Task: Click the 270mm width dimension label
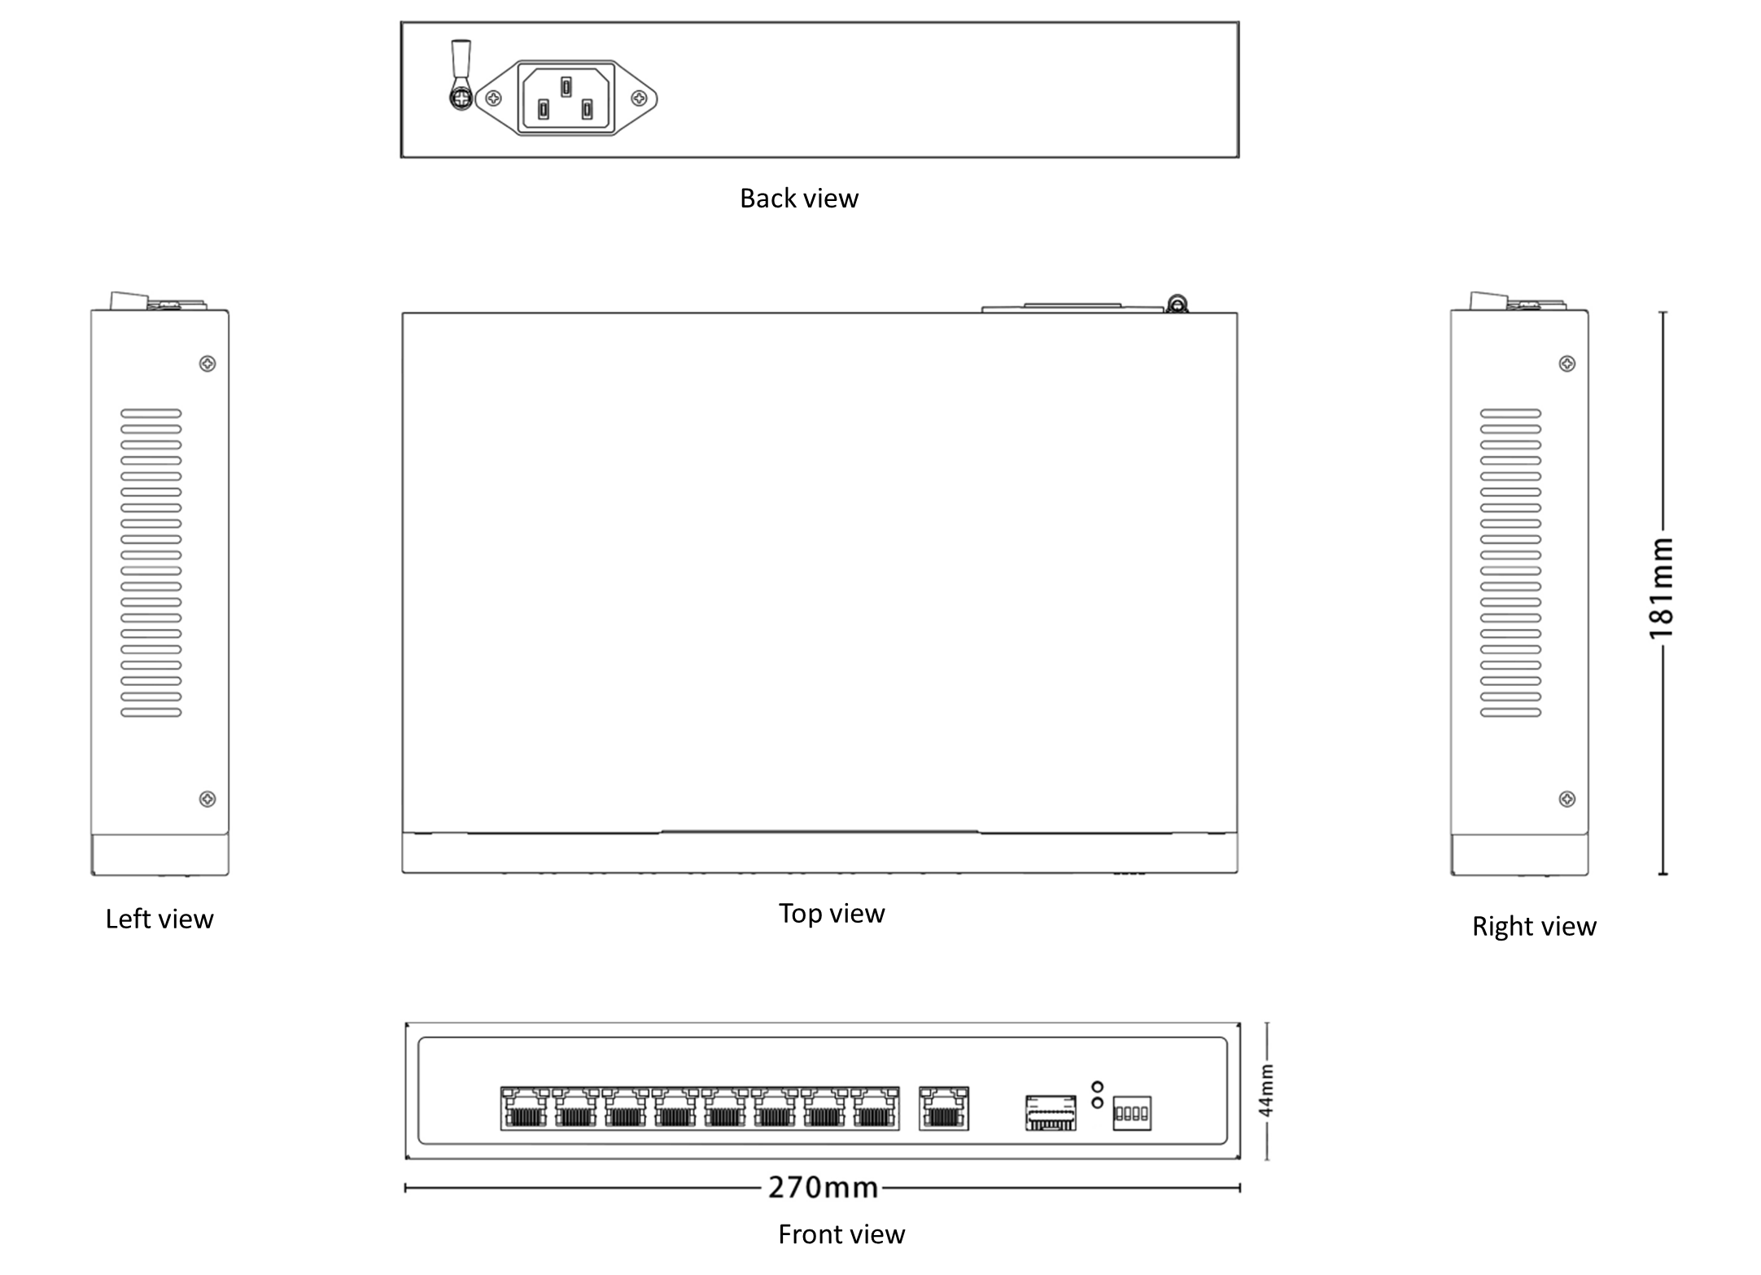(823, 1188)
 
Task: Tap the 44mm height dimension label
(1266, 1091)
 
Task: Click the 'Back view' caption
(798, 199)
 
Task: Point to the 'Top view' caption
(831, 913)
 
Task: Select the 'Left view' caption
(159, 919)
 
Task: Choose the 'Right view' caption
(1534, 926)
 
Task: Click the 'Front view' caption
(841, 1234)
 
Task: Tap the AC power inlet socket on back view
(566, 98)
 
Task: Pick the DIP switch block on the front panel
(1132, 1113)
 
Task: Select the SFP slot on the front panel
(1051, 1112)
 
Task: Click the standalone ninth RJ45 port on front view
(944, 1109)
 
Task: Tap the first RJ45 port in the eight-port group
(525, 1109)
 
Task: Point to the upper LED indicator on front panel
(1097, 1086)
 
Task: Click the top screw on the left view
(208, 364)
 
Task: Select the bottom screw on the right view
(1567, 799)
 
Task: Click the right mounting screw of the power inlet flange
(640, 98)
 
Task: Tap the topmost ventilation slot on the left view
(151, 413)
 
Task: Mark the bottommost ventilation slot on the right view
(1511, 713)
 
